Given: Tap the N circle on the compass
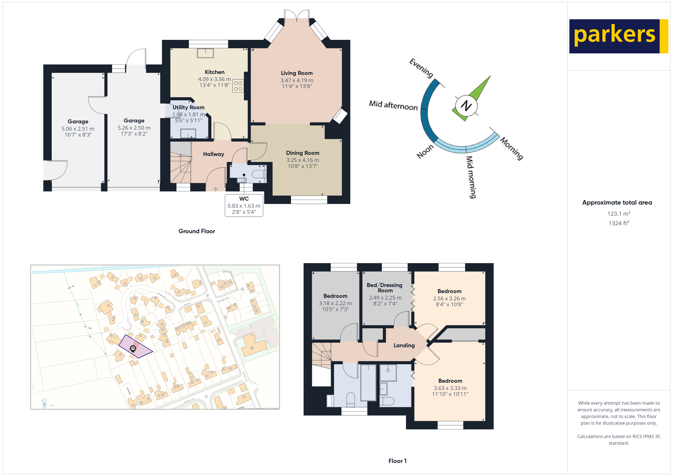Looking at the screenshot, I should pyautogui.click(x=466, y=105).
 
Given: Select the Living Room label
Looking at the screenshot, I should pyautogui.click(x=297, y=73).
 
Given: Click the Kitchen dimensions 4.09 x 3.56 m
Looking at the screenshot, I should pyautogui.click(x=214, y=79).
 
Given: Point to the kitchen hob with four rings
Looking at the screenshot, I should pyautogui.click(x=238, y=86).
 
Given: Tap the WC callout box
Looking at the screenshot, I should pyautogui.click(x=244, y=205).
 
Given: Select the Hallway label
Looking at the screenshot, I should pyautogui.click(x=213, y=154).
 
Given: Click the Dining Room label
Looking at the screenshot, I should pyautogui.click(x=303, y=153).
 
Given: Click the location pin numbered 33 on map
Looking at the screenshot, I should pyautogui.click(x=133, y=348).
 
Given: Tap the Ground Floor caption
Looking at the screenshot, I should pyautogui.click(x=197, y=231).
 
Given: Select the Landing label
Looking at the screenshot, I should pyautogui.click(x=404, y=346).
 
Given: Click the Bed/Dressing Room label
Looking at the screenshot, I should pyautogui.click(x=385, y=288).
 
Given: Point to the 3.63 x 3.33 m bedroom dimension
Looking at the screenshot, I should pyautogui.click(x=450, y=388).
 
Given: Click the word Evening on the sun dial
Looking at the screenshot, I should pyautogui.click(x=421, y=68).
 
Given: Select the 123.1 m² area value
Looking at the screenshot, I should pyautogui.click(x=618, y=214).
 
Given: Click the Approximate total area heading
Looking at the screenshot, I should pyautogui.click(x=617, y=203).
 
